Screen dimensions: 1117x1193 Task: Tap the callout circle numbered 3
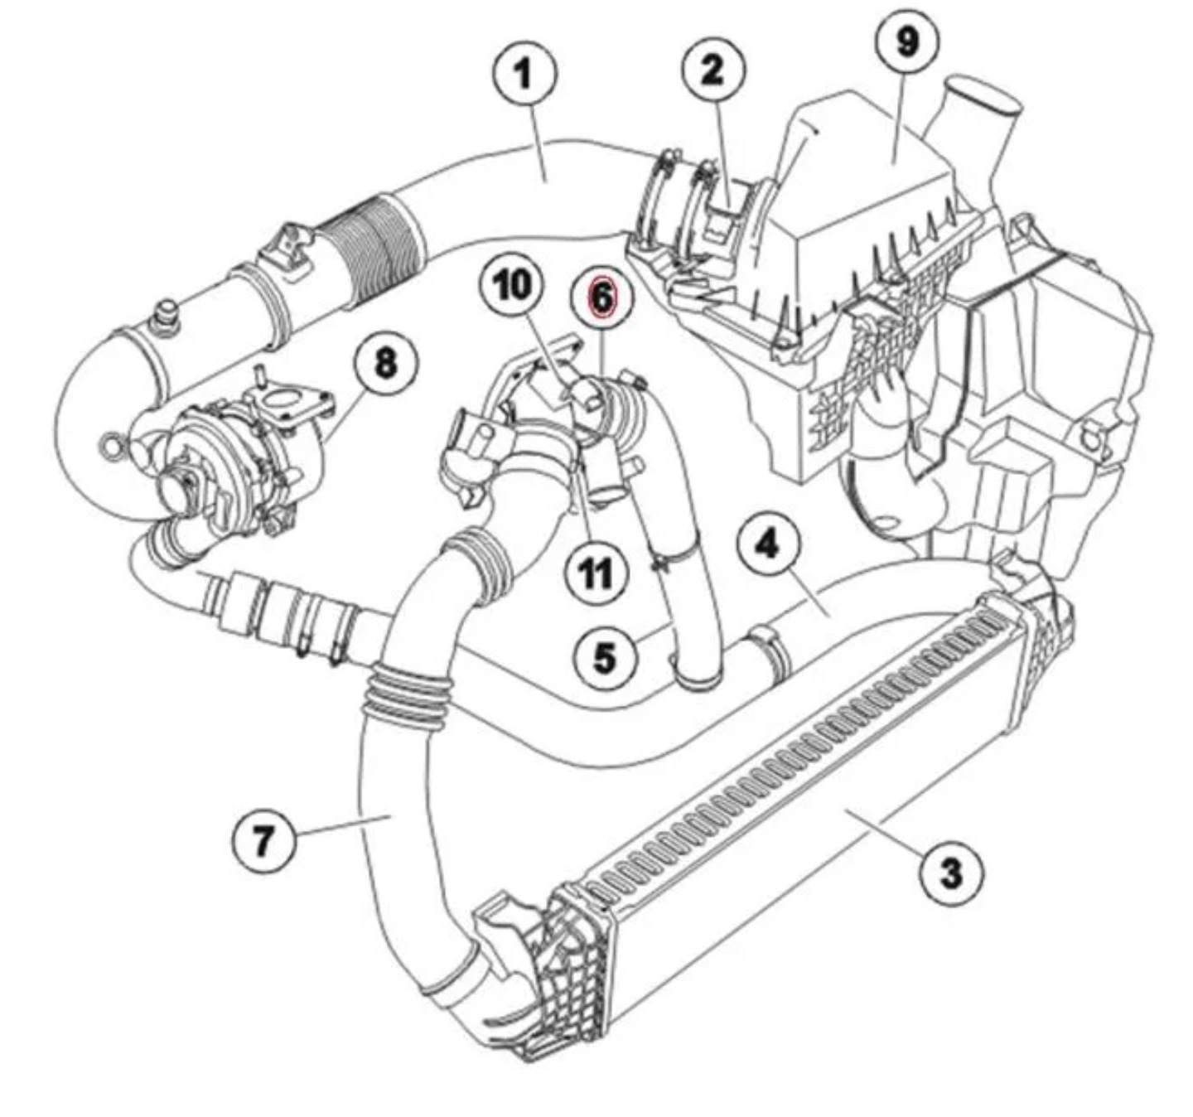(x=952, y=873)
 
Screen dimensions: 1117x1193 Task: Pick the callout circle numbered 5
(x=606, y=657)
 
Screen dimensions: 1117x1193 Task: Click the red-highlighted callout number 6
(x=601, y=297)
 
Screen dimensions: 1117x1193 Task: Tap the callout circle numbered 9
(x=908, y=40)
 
